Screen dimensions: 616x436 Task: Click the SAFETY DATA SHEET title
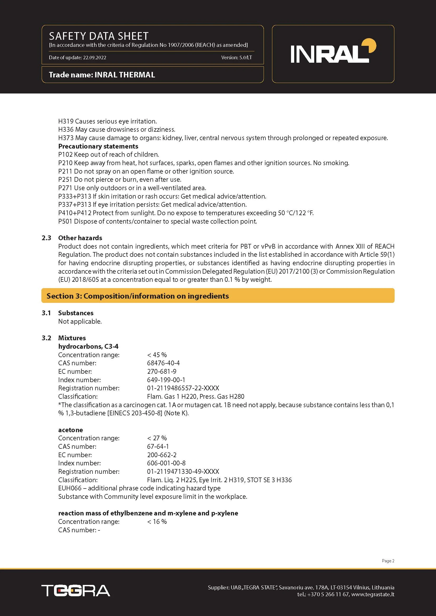99,36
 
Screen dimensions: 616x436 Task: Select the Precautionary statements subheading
98,146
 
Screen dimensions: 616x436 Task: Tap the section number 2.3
46,238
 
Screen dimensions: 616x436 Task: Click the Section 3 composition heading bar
218,296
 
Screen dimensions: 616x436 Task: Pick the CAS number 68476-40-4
163,363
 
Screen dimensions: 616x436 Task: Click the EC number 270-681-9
162,371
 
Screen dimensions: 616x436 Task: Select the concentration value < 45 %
157,355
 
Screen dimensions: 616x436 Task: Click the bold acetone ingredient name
70,430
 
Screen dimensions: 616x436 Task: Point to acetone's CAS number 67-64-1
158,446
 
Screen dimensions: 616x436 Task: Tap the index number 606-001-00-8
166,463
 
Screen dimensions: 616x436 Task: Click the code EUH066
70,488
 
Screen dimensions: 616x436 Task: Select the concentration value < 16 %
157,521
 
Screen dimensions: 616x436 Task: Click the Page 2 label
388,561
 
